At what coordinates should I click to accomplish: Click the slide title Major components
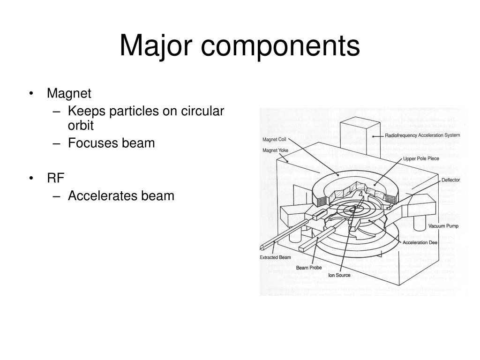pos(240,45)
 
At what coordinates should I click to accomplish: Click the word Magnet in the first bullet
pos(69,93)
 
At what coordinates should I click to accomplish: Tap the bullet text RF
pos(55,178)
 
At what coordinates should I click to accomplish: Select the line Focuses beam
pos(111,143)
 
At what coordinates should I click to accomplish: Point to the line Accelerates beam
pos(121,195)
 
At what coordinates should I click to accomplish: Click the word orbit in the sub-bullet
pos(81,126)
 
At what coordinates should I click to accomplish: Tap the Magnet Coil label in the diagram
pos(274,139)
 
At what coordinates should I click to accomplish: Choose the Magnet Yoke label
pos(275,150)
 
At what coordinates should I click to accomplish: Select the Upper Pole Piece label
pos(421,159)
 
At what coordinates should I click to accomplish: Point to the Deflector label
pos(450,180)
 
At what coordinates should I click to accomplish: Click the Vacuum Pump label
pos(443,226)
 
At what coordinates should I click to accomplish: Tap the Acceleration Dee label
pos(420,242)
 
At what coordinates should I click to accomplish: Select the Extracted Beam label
pos(276,257)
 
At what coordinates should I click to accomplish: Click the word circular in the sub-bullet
pos(204,111)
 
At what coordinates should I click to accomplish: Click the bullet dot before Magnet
pos(31,93)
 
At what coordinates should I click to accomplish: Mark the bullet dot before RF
pos(31,178)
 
